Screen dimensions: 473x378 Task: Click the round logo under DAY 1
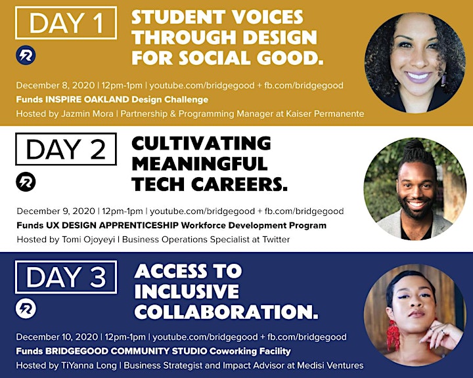(26, 55)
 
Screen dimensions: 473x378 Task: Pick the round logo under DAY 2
(26, 182)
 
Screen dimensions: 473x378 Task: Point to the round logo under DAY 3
(26, 308)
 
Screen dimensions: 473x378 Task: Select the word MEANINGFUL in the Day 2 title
(200, 163)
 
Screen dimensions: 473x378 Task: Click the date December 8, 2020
(55, 85)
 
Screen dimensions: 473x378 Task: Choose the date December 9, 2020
(56, 211)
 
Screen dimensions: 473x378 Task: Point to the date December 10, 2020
(57, 337)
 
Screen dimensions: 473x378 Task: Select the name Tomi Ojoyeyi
(88, 240)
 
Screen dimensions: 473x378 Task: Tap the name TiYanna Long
(89, 366)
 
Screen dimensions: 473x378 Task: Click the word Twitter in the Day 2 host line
(276, 240)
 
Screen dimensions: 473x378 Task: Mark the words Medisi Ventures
(330, 366)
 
